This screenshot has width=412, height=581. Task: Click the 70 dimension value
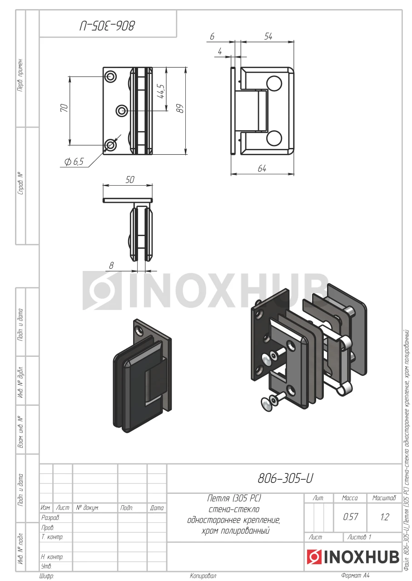click(65, 108)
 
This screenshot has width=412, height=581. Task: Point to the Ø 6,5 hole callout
click(74, 162)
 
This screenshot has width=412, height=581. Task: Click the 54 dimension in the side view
click(268, 37)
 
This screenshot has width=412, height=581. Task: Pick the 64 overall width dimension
click(262, 168)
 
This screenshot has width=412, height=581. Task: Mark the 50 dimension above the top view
click(130, 179)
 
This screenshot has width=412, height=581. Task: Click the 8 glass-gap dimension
click(111, 266)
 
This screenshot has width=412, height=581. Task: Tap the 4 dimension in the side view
click(220, 51)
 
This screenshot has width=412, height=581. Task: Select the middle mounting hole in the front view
click(121, 111)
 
